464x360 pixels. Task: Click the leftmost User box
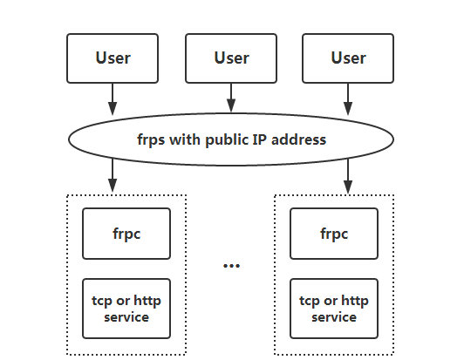[113, 58]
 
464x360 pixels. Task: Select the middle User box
[231, 58]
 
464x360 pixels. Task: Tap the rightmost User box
[348, 58]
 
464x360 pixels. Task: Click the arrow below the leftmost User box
[113, 99]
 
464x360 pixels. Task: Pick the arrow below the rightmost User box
[348, 99]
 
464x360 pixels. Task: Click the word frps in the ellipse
[151, 140]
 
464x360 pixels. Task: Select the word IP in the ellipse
[260, 139]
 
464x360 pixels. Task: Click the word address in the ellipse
[298, 139]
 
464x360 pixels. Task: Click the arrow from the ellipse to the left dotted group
[113, 175]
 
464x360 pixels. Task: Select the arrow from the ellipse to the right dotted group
[348, 176]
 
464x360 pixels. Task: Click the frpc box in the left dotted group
[126, 234]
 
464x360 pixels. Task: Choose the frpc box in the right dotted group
[334, 234]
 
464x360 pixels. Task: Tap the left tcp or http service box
[126, 309]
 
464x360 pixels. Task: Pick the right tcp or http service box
[334, 309]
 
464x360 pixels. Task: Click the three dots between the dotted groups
[231, 266]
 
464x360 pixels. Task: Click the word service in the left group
[126, 317]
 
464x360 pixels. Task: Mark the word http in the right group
[355, 302]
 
